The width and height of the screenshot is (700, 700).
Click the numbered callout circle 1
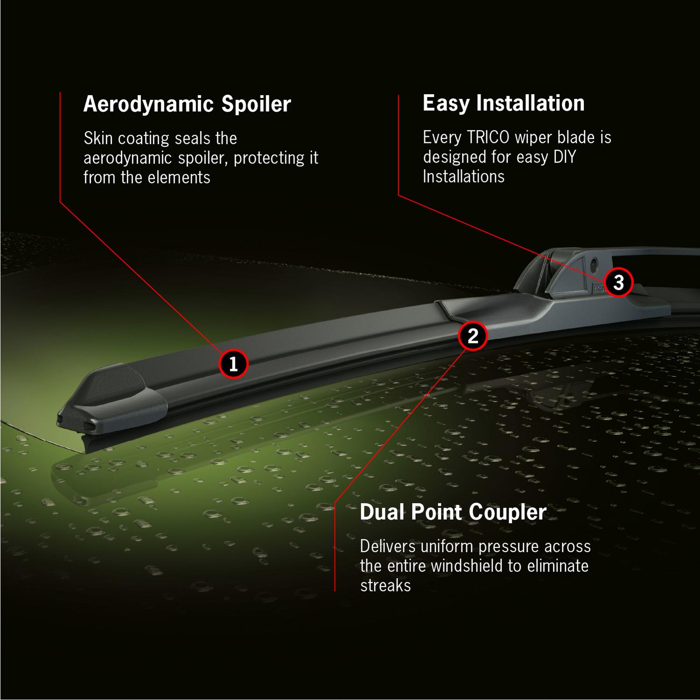(233, 364)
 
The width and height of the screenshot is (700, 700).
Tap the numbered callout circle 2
(473, 336)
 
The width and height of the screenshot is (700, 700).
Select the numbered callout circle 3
(618, 282)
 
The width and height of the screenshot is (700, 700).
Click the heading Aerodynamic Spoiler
(187, 104)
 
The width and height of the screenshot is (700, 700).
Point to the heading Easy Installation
(503, 103)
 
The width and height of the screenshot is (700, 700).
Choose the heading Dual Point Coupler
(453, 512)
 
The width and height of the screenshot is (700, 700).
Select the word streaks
(385, 586)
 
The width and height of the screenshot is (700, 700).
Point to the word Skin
(99, 138)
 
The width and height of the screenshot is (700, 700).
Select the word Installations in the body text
(463, 177)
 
